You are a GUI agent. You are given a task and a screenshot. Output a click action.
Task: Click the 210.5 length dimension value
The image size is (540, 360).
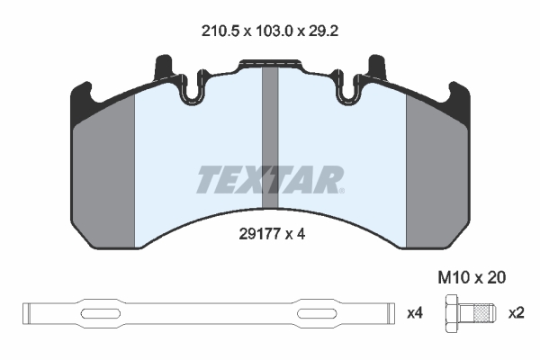click(x=220, y=31)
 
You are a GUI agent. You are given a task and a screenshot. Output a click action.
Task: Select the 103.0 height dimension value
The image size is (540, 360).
click(x=274, y=31)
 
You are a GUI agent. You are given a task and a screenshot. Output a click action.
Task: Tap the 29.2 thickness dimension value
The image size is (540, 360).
click(x=323, y=31)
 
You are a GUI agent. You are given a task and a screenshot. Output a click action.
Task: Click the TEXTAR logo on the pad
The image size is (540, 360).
click(x=270, y=179)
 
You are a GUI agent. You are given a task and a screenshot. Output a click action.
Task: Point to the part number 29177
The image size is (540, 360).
click(x=260, y=234)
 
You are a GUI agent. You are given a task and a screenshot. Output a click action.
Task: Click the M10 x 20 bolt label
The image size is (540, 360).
click(x=472, y=278)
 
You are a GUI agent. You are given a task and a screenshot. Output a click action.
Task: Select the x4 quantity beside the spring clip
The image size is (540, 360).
click(x=415, y=313)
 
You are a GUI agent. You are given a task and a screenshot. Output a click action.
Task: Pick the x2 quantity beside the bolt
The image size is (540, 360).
click(x=517, y=313)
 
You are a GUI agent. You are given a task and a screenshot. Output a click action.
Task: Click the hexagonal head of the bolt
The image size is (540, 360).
click(x=452, y=313)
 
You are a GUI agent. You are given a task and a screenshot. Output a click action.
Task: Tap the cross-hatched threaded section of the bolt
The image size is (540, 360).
click(x=481, y=313)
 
